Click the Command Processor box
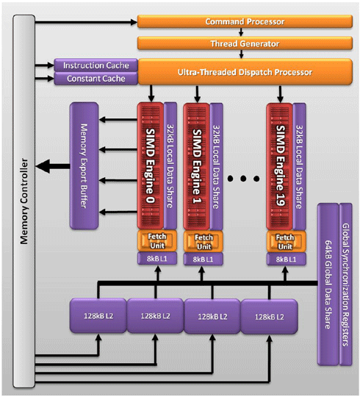(x=245, y=21)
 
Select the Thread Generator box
(x=245, y=43)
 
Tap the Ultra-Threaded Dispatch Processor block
(x=245, y=72)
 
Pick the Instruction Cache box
(x=96, y=65)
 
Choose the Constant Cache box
(x=96, y=79)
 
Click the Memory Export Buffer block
(x=84, y=166)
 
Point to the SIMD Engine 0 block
(x=151, y=166)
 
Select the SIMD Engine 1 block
(x=197, y=166)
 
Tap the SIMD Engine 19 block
(x=279, y=166)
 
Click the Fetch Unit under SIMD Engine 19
(x=286, y=241)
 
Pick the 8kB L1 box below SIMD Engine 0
(x=157, y=259)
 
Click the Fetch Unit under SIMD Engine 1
(x=204, y=241)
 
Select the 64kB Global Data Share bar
(x=328, y=285)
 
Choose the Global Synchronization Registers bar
(x=345, y=285)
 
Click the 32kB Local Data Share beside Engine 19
(x=300, y=166)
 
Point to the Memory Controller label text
(x=24, y=201)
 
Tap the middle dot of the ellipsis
(x=243, y=179)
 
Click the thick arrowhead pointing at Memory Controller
(x=43, y=166)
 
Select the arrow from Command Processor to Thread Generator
(x=241, y=32)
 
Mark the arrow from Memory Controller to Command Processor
(x=86, y=22)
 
